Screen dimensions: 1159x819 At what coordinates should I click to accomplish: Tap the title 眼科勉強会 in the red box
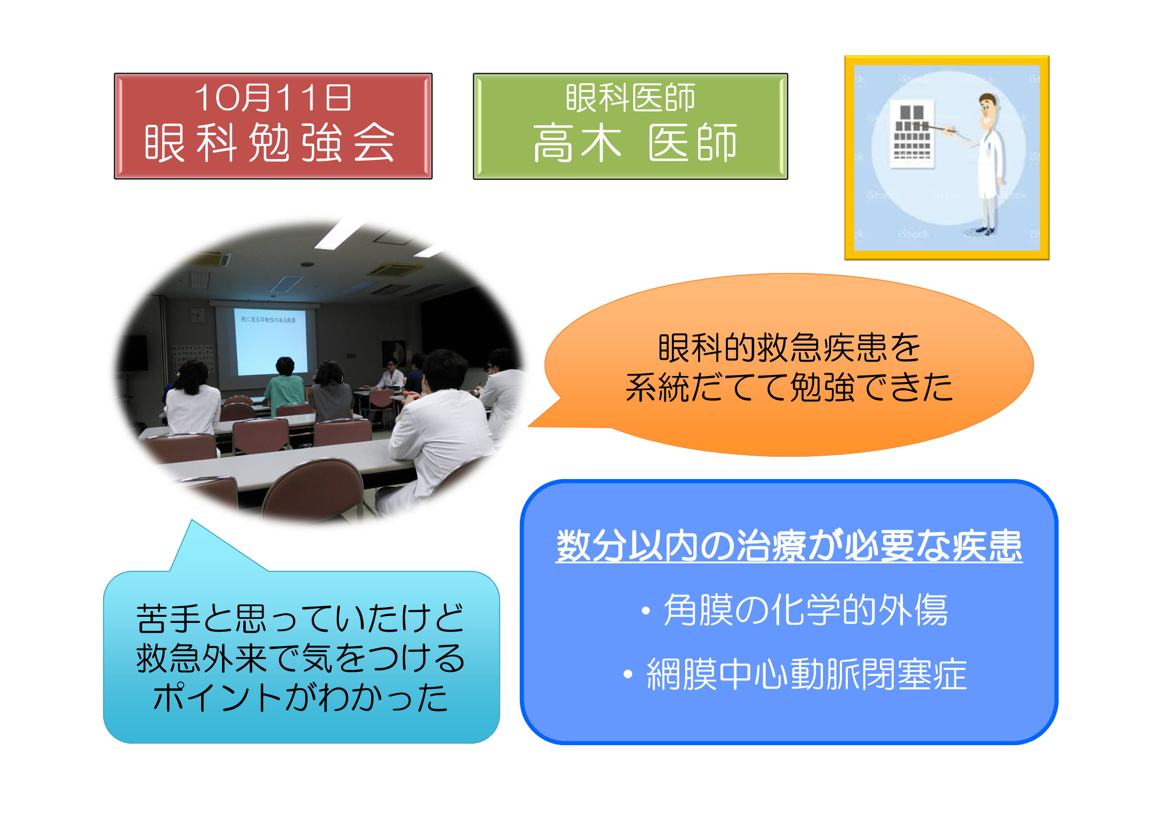click(270, 143)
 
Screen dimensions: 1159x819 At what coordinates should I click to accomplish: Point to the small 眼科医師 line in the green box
click(630, 98)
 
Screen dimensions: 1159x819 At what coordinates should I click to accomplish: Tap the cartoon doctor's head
click(988, 110)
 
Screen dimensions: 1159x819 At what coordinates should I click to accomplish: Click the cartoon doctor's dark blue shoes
click(985, 231)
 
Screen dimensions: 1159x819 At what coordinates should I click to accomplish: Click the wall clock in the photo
click(198, 316)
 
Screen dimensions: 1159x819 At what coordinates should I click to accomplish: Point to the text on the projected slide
click(268, 320)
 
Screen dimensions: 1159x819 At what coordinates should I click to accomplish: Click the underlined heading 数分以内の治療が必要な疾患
click(788, 546)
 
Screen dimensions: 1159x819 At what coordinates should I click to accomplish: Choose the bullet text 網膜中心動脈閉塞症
click(806, 674)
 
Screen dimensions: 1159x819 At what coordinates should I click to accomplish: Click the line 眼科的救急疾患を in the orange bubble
click(789, 348)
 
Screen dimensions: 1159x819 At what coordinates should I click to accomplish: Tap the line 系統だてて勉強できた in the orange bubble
click(789, 387)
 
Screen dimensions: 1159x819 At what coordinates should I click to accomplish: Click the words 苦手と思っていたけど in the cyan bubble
click(300, 618)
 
